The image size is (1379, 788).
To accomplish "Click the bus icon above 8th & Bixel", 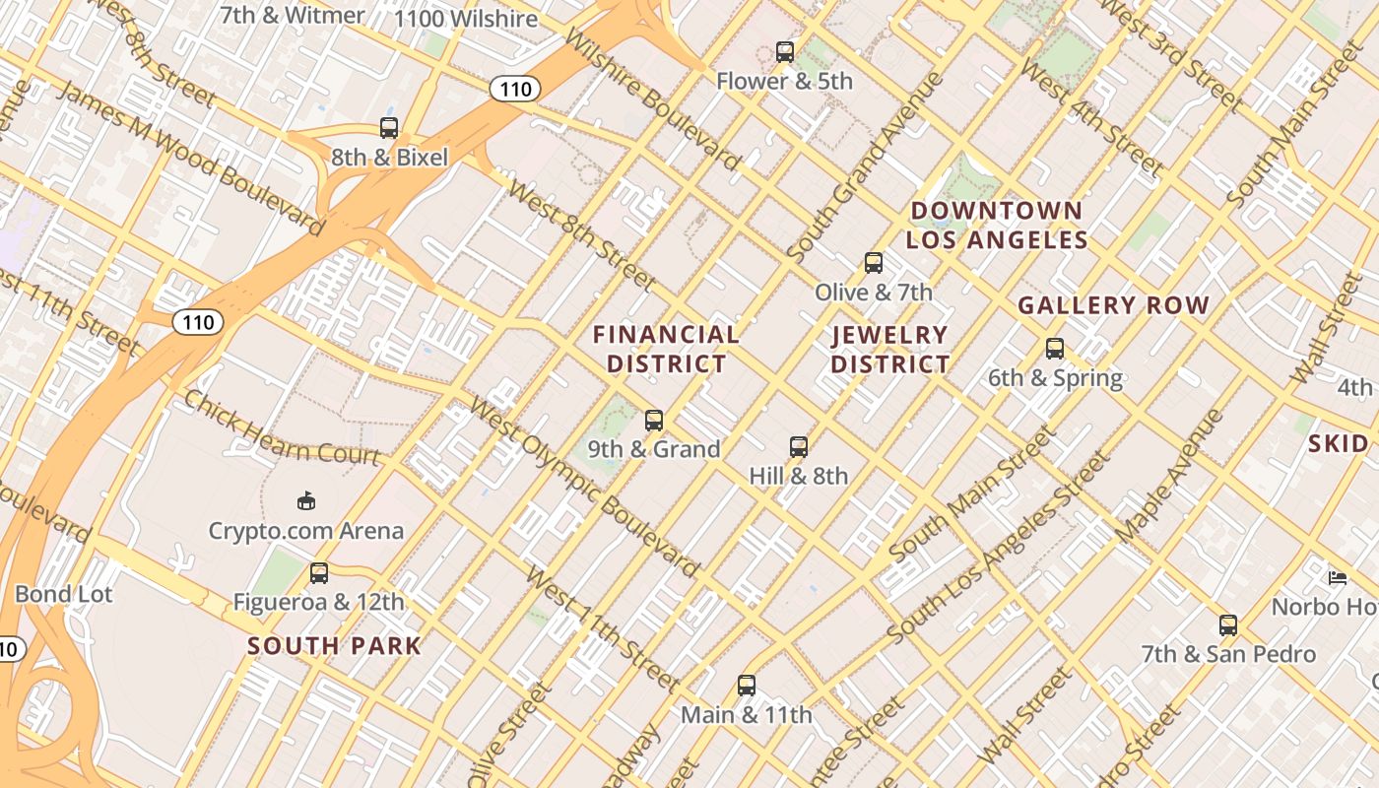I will click(x=389, y=128).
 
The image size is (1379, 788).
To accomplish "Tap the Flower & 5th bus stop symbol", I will click(x=785, y=51).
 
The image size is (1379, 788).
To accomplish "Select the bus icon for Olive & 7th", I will click(x=874, y=263).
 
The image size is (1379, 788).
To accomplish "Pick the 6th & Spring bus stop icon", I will click(x=1055, y=349).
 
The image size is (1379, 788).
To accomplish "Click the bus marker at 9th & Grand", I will click(x=654, y=421).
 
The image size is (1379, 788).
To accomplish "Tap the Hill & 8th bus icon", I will click(x=799, y=447).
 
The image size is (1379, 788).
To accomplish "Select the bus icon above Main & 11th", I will click(x=747, y=686).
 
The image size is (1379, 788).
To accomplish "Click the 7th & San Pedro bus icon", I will click(x=1228, y=625).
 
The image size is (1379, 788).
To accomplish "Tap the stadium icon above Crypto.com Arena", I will click(x=306, y=501).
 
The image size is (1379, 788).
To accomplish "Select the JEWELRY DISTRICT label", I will click(x=890, y=350).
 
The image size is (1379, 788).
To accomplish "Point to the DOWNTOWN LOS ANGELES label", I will click(x=997, y=226).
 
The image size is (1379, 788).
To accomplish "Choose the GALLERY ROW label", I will click(x=1113, y=305).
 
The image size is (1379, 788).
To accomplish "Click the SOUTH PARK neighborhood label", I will click(x=334, y=647).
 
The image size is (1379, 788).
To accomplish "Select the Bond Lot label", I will click(x=64, y=594).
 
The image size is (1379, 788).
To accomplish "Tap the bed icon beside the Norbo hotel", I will click(x=1338, y=577).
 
